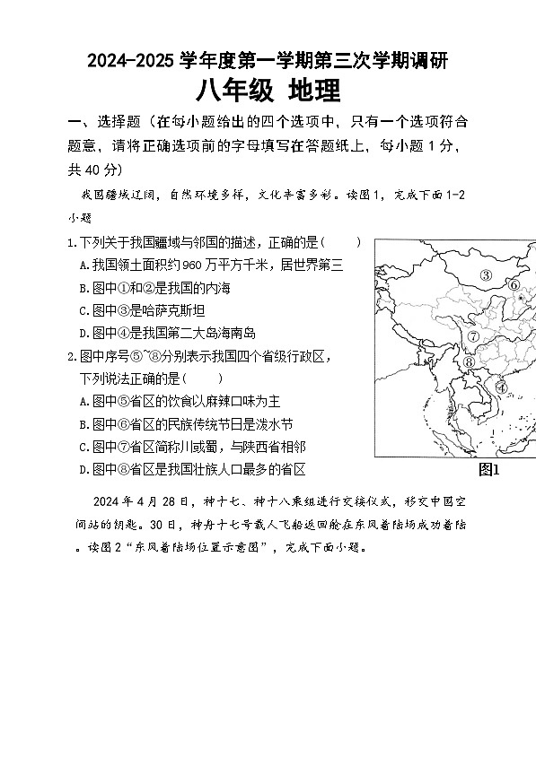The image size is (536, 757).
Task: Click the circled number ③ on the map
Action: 486,275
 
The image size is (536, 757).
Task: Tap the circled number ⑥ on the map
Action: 514,284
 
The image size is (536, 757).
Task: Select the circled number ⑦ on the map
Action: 472,337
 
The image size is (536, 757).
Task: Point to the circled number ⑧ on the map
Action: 469,361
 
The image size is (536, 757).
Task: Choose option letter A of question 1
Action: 83,265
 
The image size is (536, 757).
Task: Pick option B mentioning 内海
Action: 83,288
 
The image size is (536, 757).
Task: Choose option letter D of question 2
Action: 83,469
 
